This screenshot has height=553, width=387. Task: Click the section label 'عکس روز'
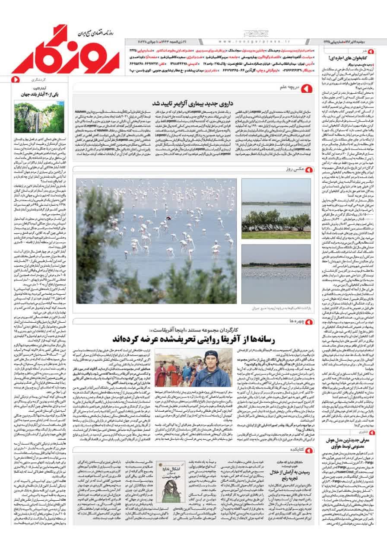pos(290,168)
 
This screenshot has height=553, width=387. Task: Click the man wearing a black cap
pos(211,366)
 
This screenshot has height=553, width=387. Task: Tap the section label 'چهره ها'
pos(289,321)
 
